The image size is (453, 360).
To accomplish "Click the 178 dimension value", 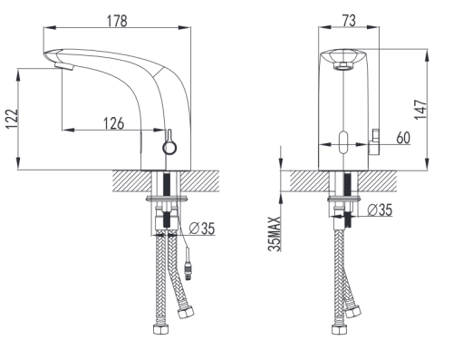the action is point(117,21).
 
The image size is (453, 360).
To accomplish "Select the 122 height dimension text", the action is point(13,119).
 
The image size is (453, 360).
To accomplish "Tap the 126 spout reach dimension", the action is point(114,123).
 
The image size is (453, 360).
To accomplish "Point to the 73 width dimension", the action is point(349,21).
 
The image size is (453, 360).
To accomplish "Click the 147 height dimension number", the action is point(420,109).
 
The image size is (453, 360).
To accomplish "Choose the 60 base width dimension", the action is point(403,138).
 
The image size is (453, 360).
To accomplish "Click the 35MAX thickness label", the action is point(275,234).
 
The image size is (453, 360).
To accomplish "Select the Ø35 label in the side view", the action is point(202,229).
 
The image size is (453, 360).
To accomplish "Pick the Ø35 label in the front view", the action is point(381,210).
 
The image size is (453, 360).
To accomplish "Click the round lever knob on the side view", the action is point(169,148).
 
